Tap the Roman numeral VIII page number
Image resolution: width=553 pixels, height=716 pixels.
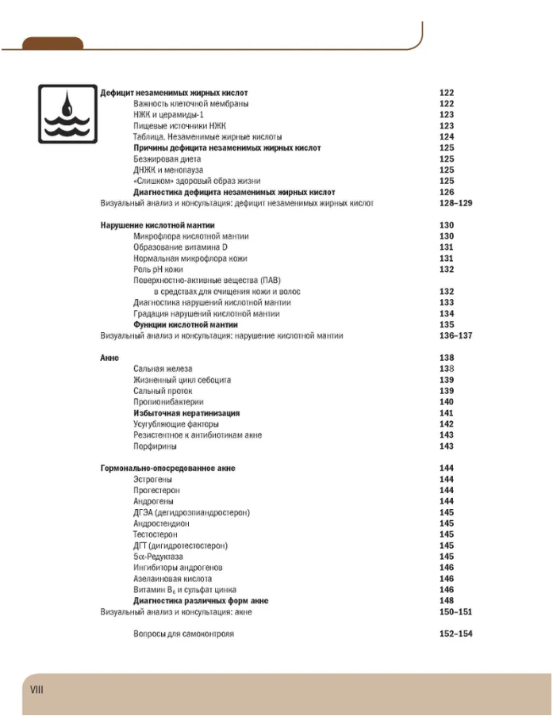click(x=36, y=689)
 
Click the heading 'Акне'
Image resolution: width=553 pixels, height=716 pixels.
click(x=109, y=358)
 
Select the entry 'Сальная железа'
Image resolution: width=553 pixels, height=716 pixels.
click(x=163, y=369)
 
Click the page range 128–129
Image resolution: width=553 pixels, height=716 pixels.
click(x=455, y=204)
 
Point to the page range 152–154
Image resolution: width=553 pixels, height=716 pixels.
click(x=455, y=634)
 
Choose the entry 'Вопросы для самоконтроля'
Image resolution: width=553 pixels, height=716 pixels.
click(x=183, y=634)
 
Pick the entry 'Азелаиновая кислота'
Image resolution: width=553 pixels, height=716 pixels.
click(x=172, y=579)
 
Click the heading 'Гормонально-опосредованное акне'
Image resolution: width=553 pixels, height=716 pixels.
click(x=167, y=469)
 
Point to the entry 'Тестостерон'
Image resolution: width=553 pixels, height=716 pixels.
click(x=159, y=534)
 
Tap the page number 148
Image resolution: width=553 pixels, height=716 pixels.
click(x=447, y=601)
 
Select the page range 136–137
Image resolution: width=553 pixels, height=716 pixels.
click(x=455, y=336)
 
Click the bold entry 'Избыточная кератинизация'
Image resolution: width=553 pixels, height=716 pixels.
click(x=186, y=413)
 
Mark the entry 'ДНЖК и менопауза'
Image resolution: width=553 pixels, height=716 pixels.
click(x=168, y=170)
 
